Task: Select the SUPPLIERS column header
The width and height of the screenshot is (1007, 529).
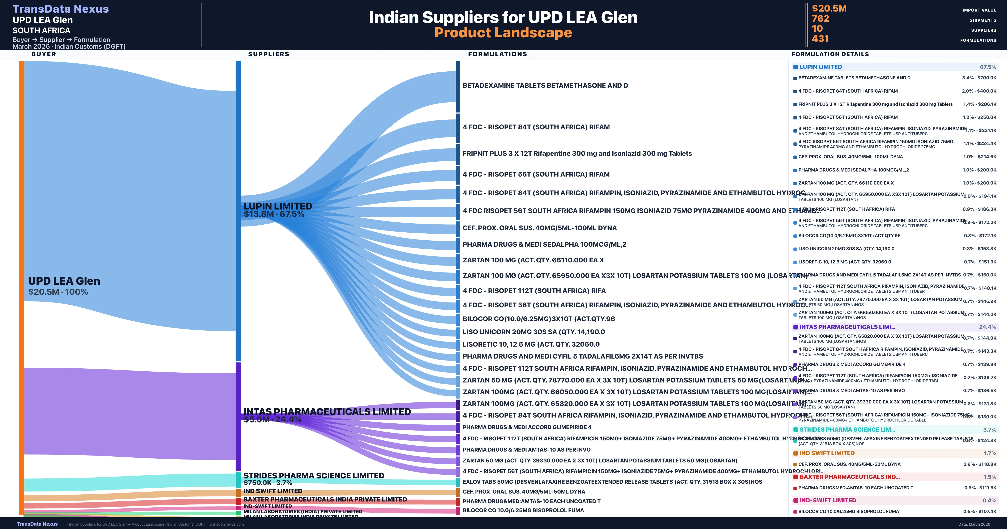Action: (269, 54)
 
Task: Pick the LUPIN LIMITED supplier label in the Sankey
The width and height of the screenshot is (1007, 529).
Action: (278, 206)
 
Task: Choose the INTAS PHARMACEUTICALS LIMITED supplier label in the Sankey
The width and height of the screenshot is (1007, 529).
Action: (327, 412)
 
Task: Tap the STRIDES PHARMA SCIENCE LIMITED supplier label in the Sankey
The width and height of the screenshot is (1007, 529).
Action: (313, 475)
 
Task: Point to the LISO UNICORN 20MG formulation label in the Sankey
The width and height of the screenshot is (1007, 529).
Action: (534, 332)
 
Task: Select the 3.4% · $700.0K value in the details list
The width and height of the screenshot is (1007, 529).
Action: (979, 78)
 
